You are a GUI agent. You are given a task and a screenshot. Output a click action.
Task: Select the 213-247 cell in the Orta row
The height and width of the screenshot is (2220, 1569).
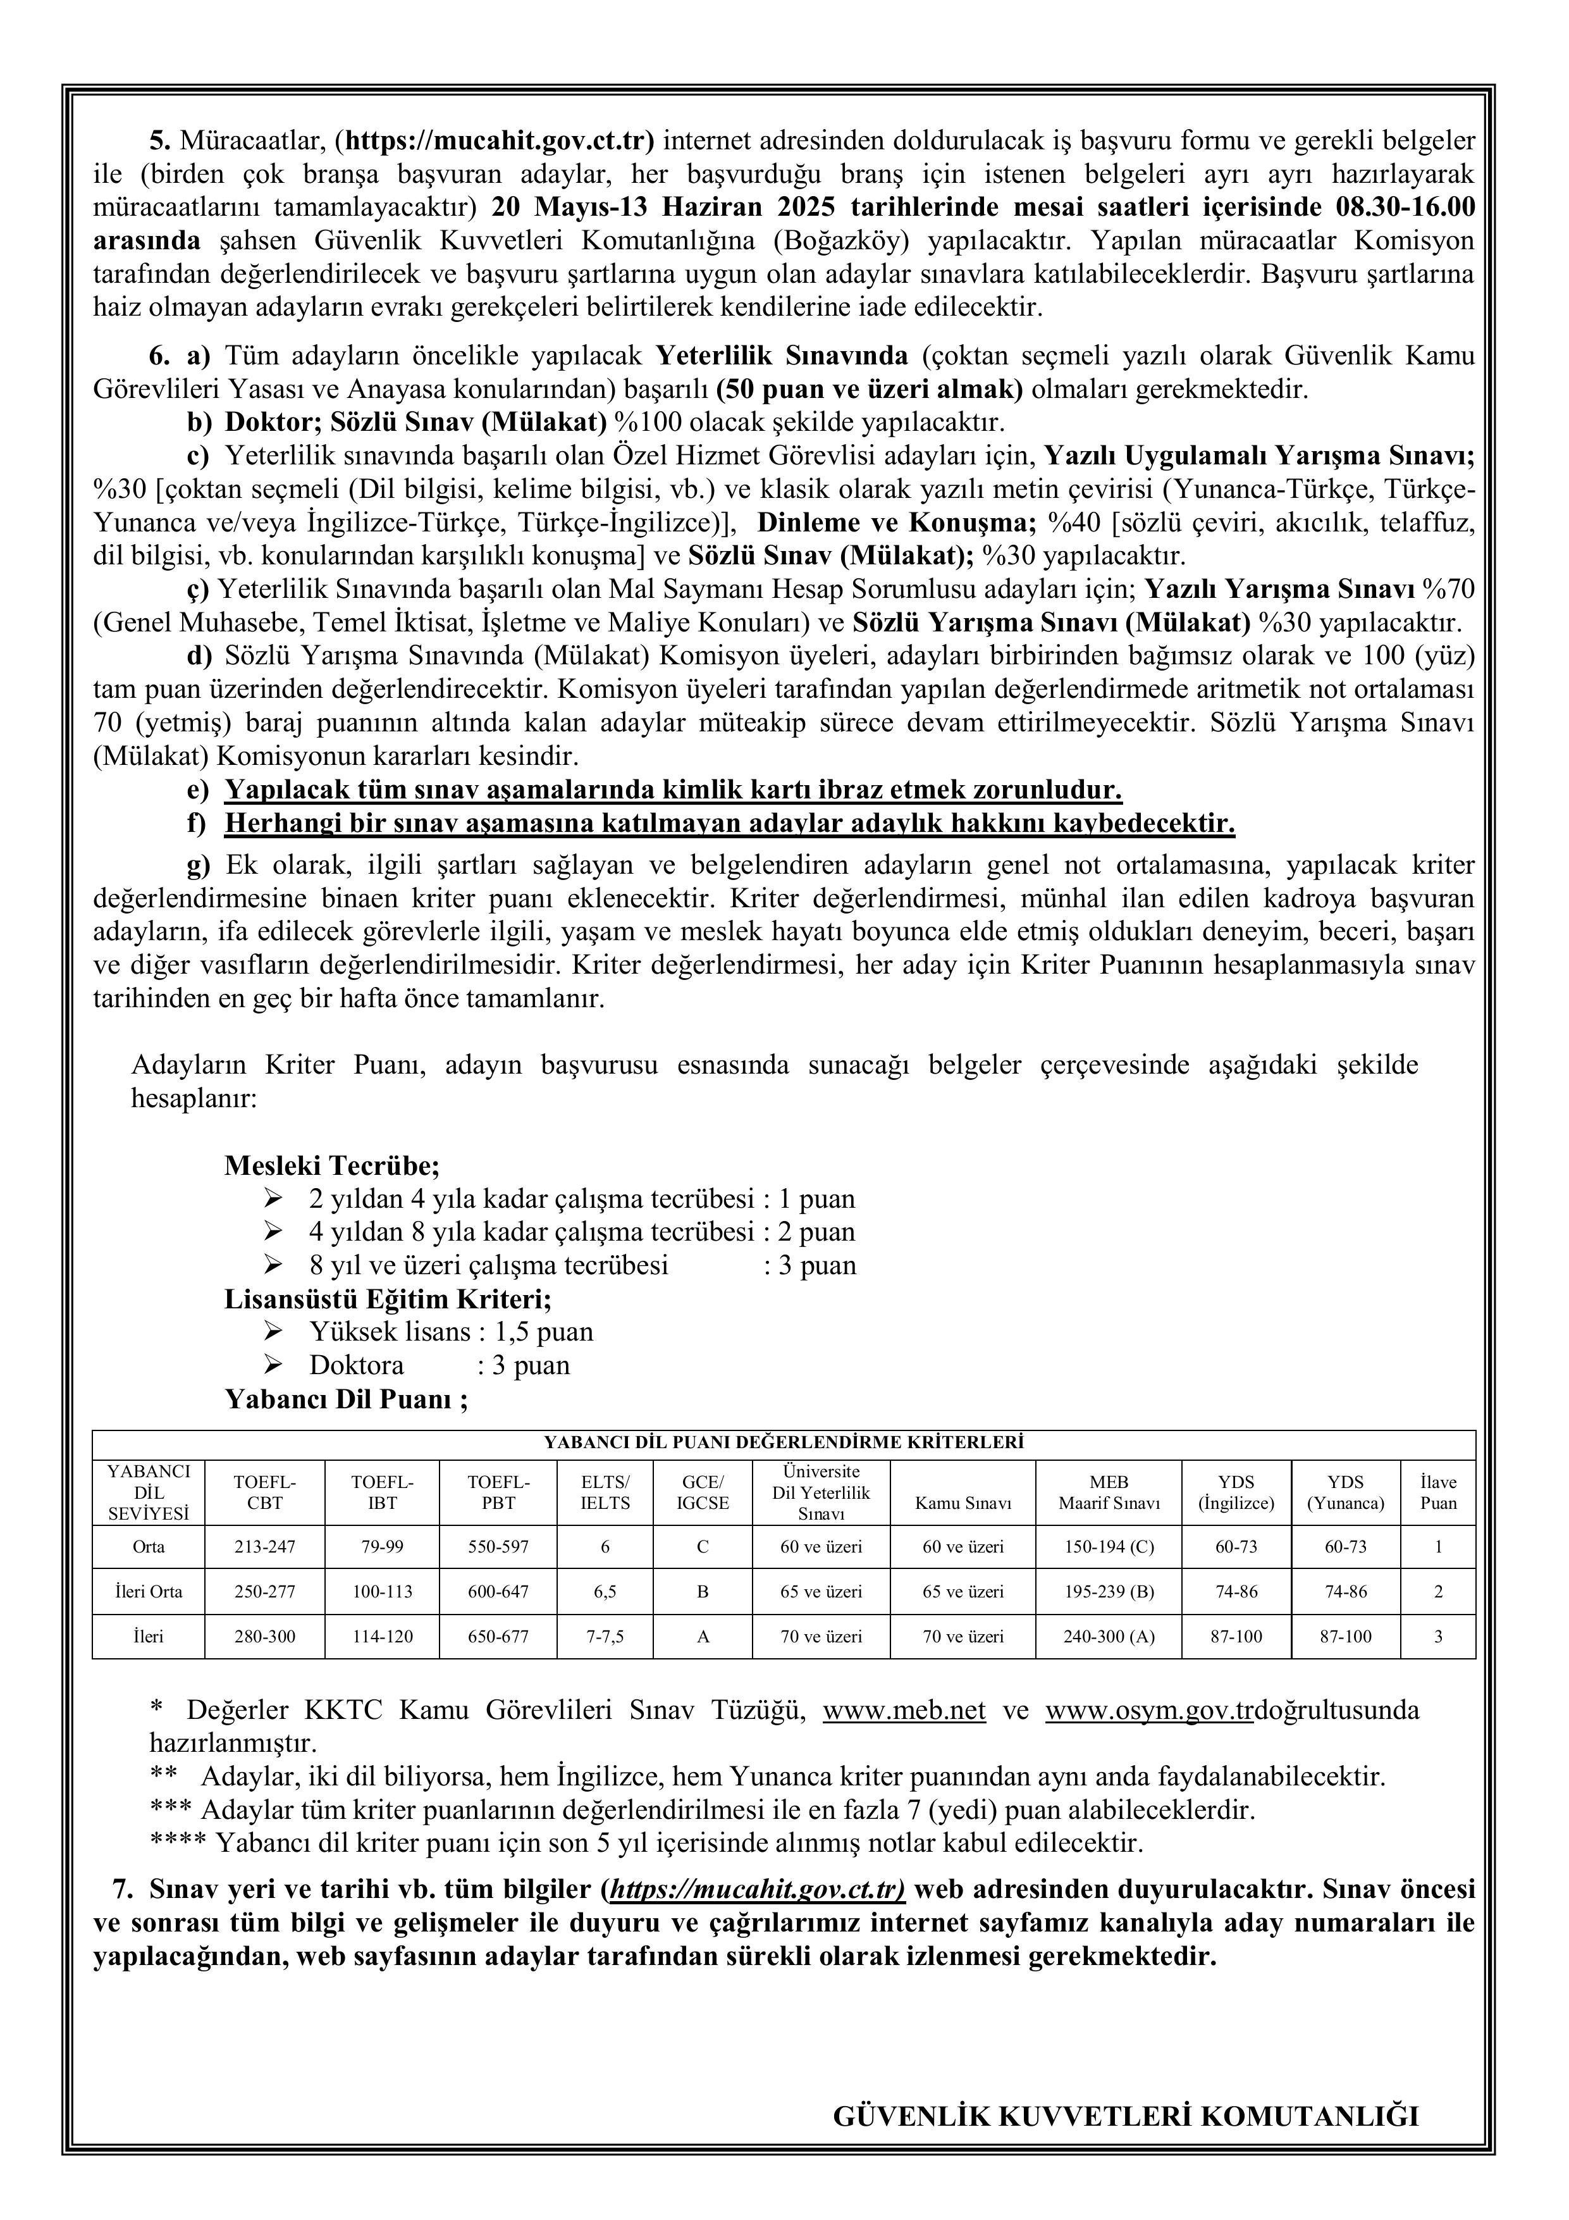tap(265, 1546)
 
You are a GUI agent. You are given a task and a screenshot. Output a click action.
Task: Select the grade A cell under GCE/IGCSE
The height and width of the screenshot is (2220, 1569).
tap(703, 1637)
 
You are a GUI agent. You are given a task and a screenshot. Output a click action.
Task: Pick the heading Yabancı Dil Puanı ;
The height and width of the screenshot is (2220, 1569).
tap(346, 1399)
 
